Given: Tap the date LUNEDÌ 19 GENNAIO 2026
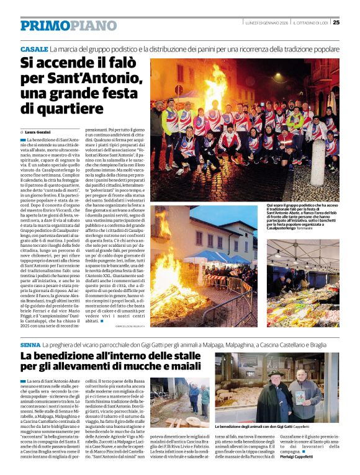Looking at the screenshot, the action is [x=266, y=22].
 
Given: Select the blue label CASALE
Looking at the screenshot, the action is [x=34, y=48].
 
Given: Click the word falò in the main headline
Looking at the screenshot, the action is [x=117, y=63].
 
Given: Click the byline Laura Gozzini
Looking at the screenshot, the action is [x=38, y=132].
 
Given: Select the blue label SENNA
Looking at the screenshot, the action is [x=30, y=344].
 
